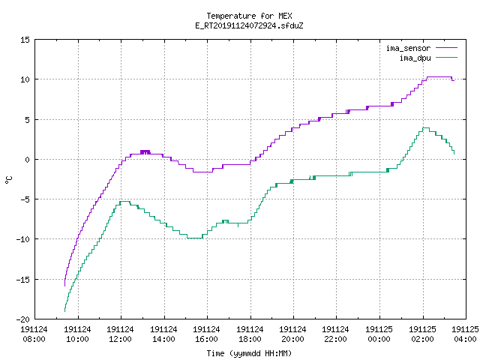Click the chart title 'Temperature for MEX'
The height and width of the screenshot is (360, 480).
(249, 16)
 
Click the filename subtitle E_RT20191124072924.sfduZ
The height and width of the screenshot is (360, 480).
(249, 25)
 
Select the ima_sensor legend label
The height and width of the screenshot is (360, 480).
(408, 48)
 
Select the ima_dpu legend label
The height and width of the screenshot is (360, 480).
(415, 58)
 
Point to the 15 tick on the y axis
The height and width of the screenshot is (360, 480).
(25, 40)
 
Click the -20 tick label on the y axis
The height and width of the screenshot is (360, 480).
(23, 319)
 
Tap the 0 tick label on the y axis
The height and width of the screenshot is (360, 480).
(28, 160)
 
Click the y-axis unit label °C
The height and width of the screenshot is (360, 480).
(9, 180)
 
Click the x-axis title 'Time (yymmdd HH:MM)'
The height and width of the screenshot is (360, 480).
(249, 353)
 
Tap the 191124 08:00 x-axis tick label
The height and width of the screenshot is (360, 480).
(34, 334)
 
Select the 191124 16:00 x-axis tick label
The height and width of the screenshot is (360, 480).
(207, 334)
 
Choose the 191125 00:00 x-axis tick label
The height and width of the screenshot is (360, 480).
(379, 334)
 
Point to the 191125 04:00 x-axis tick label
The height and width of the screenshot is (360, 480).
(465, 334)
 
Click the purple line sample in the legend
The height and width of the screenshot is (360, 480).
(447, 48)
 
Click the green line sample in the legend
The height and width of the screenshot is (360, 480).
(447, 58)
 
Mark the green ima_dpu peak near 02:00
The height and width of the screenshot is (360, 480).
(426, 127)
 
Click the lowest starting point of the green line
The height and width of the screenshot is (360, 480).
(64, 311)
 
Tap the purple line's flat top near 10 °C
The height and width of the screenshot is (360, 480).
(439, 76)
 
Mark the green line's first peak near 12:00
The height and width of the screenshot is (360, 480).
(125, 201)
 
